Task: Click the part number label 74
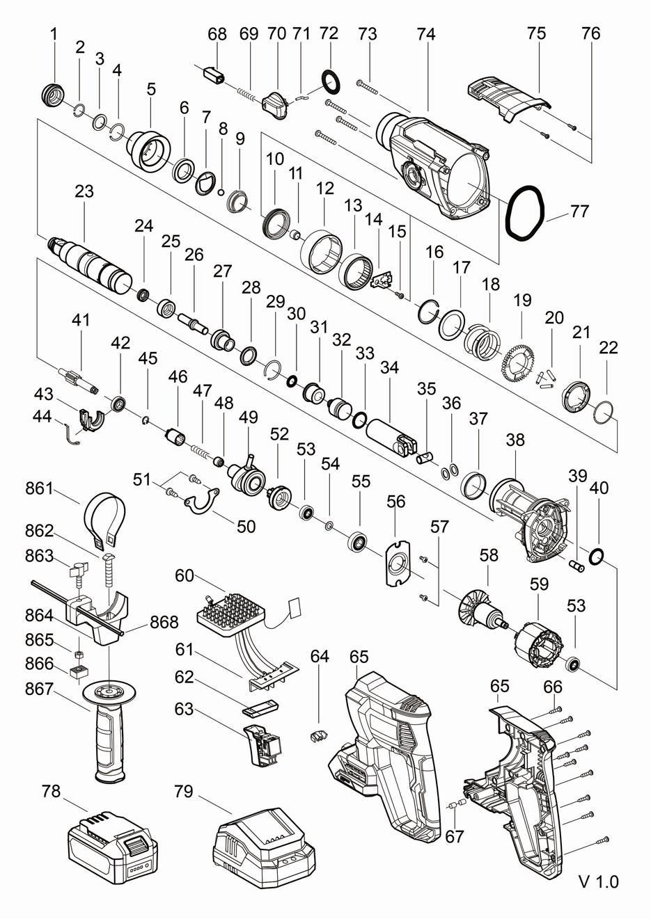point(426,35)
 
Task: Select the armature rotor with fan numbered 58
point(483,614)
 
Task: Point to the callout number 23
point(84,191)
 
